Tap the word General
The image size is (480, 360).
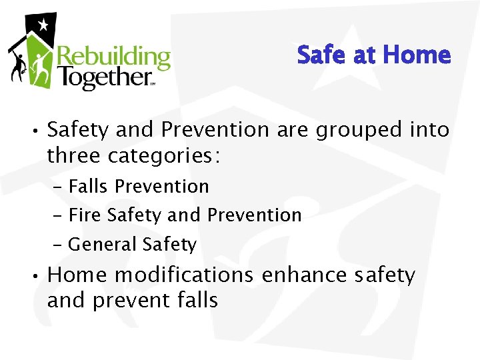point(103,245)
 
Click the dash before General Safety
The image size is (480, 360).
point(57,245)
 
